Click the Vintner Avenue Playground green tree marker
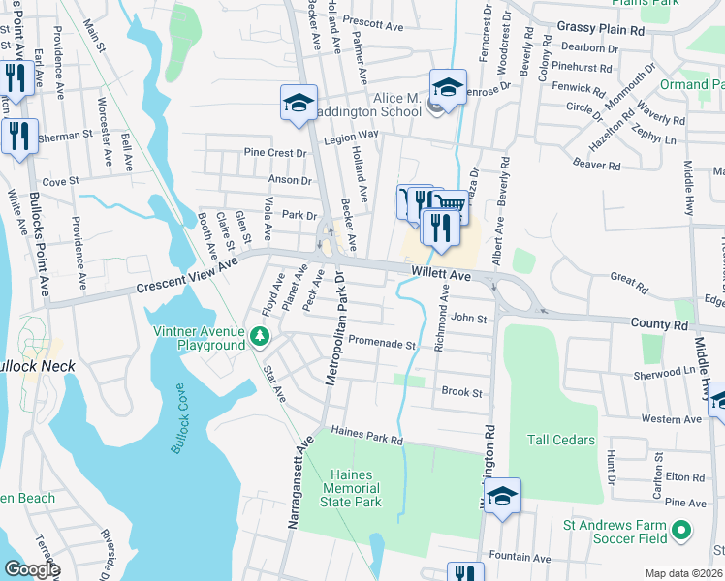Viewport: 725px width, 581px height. [259, 336]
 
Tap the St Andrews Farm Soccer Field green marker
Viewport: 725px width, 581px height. [681, 531]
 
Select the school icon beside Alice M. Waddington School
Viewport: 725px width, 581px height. [448, 88]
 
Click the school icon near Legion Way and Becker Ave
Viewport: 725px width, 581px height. [299, 104]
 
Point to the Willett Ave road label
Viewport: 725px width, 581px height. [439, 275]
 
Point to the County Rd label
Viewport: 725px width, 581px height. [665, 325]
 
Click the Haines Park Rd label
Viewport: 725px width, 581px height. [366, 435]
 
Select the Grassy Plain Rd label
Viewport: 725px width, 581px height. [601, 30]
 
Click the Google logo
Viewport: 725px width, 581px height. [32, 569]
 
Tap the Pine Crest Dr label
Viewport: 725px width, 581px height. [275, 153]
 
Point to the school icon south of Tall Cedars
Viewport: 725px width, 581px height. [503, 497]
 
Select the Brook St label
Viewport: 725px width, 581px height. [461, 392]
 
